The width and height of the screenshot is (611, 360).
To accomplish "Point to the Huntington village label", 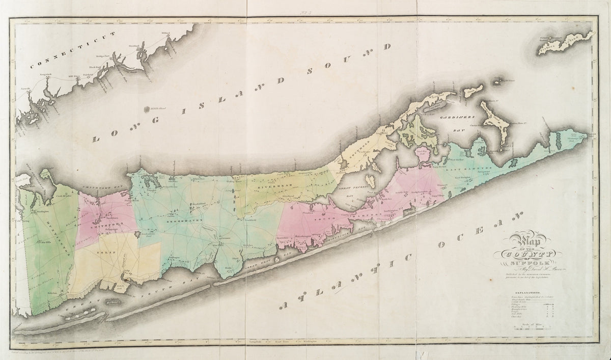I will click(x=41, y=210).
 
